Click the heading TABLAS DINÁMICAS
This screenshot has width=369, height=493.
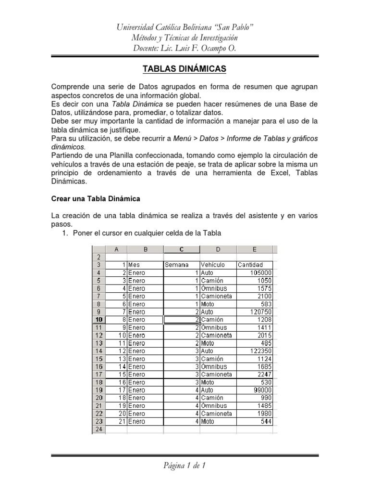(184, 69)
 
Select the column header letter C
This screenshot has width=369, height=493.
(182, 249)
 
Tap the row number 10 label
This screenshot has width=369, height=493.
(98, 319)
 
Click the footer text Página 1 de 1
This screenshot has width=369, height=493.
(184, 466)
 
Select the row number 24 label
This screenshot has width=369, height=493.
(98, 429)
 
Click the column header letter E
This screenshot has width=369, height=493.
(254, 249)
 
